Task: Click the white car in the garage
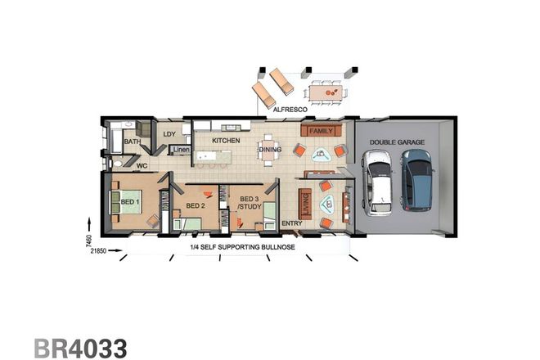pos(379,186)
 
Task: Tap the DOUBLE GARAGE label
pos(397,142)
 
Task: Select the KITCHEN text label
pos(226,141)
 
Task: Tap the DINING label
pos(270,150)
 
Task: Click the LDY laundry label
pos(169,134)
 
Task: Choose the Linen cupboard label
pos(181,150)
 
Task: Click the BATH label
pos(132,142)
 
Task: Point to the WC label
pos(141,164)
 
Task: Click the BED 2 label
pos(194,205)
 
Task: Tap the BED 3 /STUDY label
pos(249,203)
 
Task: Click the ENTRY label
pos(291,223)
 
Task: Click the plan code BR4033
pos(80,348)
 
